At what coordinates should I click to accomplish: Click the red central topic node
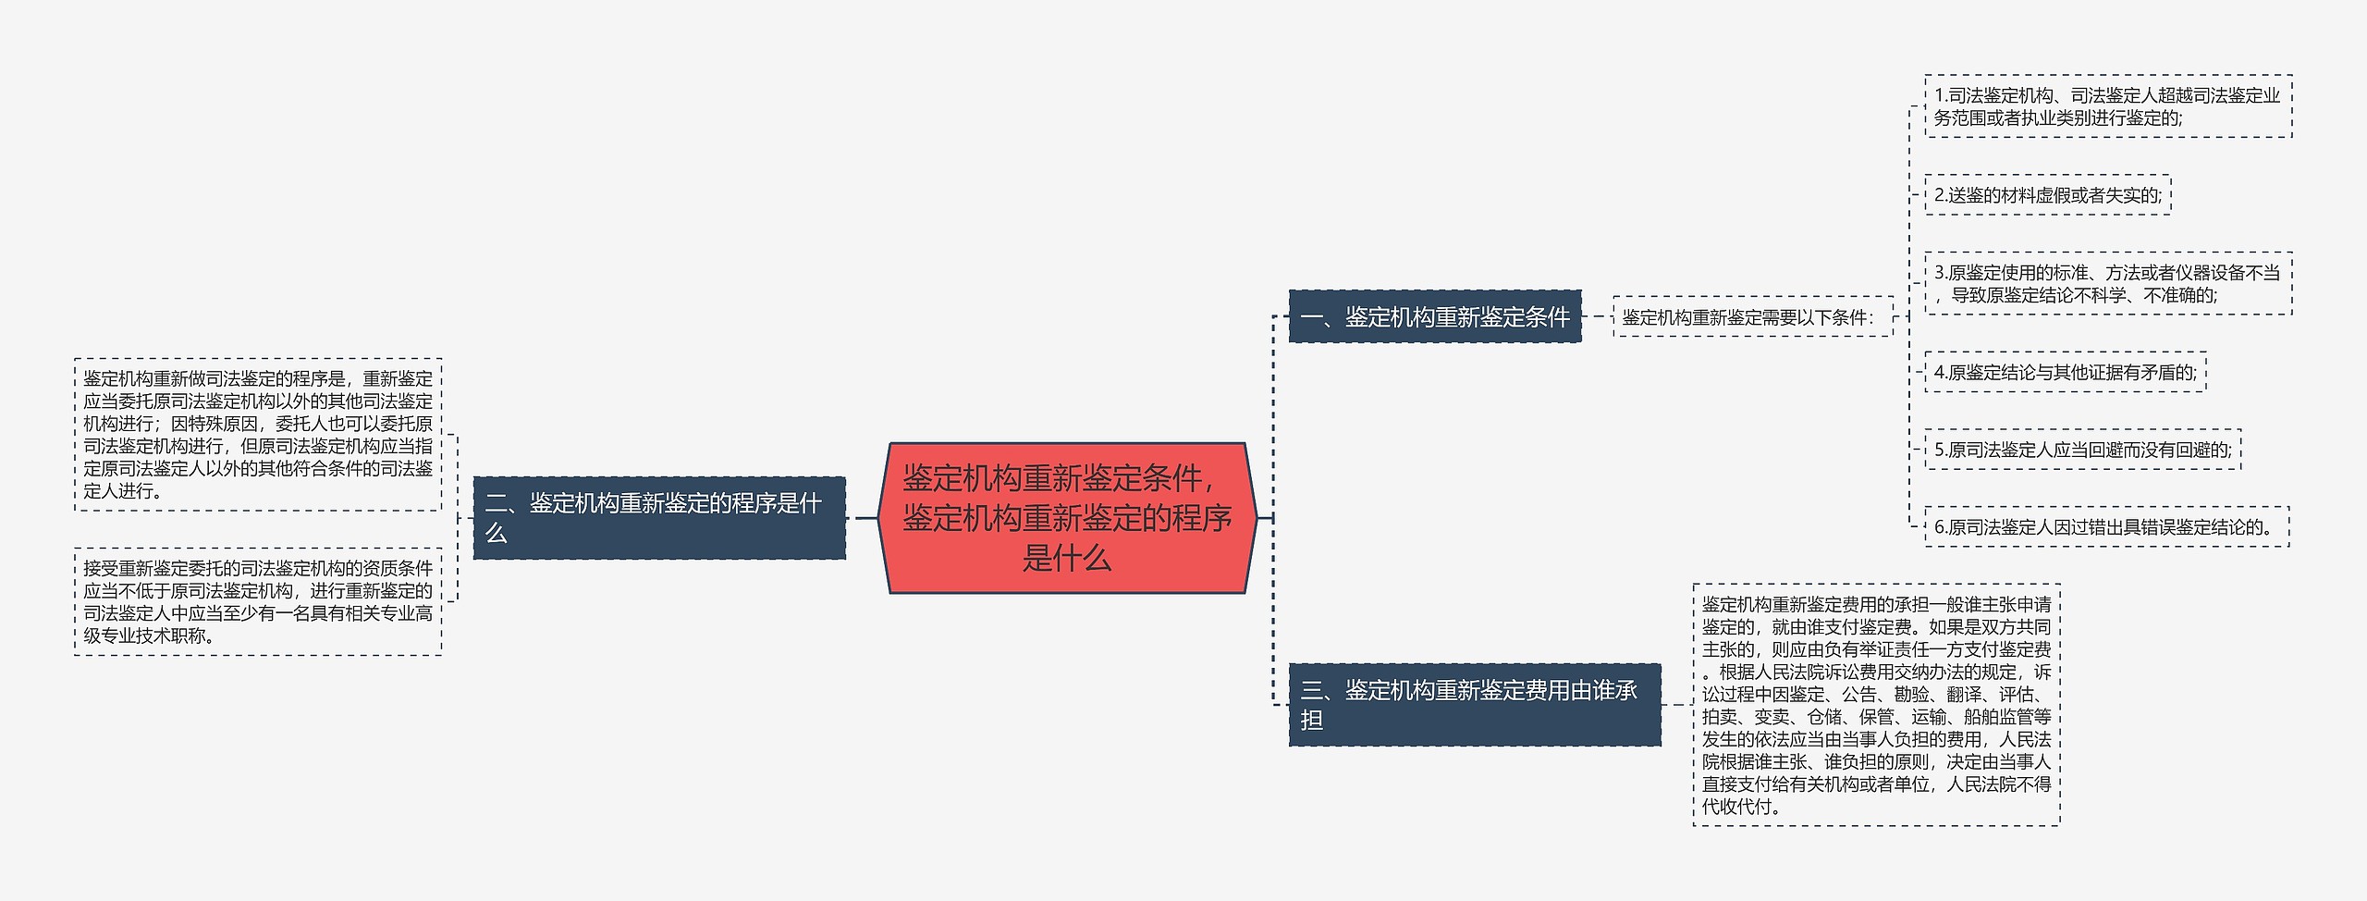pyautogui.click(x=1067, y=518)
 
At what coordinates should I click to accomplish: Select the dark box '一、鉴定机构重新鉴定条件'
pyautogui.click(x=1434, y=317)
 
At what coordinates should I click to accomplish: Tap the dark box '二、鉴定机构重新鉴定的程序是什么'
pyautogui.click(x=658, y=518)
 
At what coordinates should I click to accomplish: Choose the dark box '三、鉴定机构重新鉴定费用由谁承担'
pyautogui.click(x=1474, y=705)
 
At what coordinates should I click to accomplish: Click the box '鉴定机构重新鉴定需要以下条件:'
pyautogui.click(x=1752, y=317)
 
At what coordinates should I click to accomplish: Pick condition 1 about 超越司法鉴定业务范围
pyautogui.click(x=2107, y=106)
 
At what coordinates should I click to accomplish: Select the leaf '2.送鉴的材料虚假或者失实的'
pyautogui.click(x=2047, y=195)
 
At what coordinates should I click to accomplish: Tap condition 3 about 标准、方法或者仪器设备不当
pyautogui.click(x=2107, y=284)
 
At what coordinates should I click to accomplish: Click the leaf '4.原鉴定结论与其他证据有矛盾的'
pyautogui.click(x=2065, y=373)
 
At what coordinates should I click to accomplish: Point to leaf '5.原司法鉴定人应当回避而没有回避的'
pyautogui.click(x=2082, y=450)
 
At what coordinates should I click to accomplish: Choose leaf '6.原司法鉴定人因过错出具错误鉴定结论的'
pyautogui.click(x=2106, y=527)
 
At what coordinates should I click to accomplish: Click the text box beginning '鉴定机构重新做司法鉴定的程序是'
pyautogui.click(x=258, y=435)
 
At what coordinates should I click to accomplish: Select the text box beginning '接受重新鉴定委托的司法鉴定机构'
pyautogui.click(x=258, y=601)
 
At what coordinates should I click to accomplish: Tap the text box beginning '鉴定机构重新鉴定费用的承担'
pyautogui.click(x=1876, y=705)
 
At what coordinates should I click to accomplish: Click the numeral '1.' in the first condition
pyautogui.click(x=1941, y=96)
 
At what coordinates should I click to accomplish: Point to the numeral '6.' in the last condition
pyautogui.click(x=1941, y=528)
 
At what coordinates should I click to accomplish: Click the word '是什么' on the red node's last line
pyautogui.click(x=1067, y=559)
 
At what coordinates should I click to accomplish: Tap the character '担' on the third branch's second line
pyautogui.click(x=1312, y=720)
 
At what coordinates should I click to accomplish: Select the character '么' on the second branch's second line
pyautogui.click(x=497, y=534)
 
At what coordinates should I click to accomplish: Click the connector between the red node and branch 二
pyautogui.click(x=864, y=518)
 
